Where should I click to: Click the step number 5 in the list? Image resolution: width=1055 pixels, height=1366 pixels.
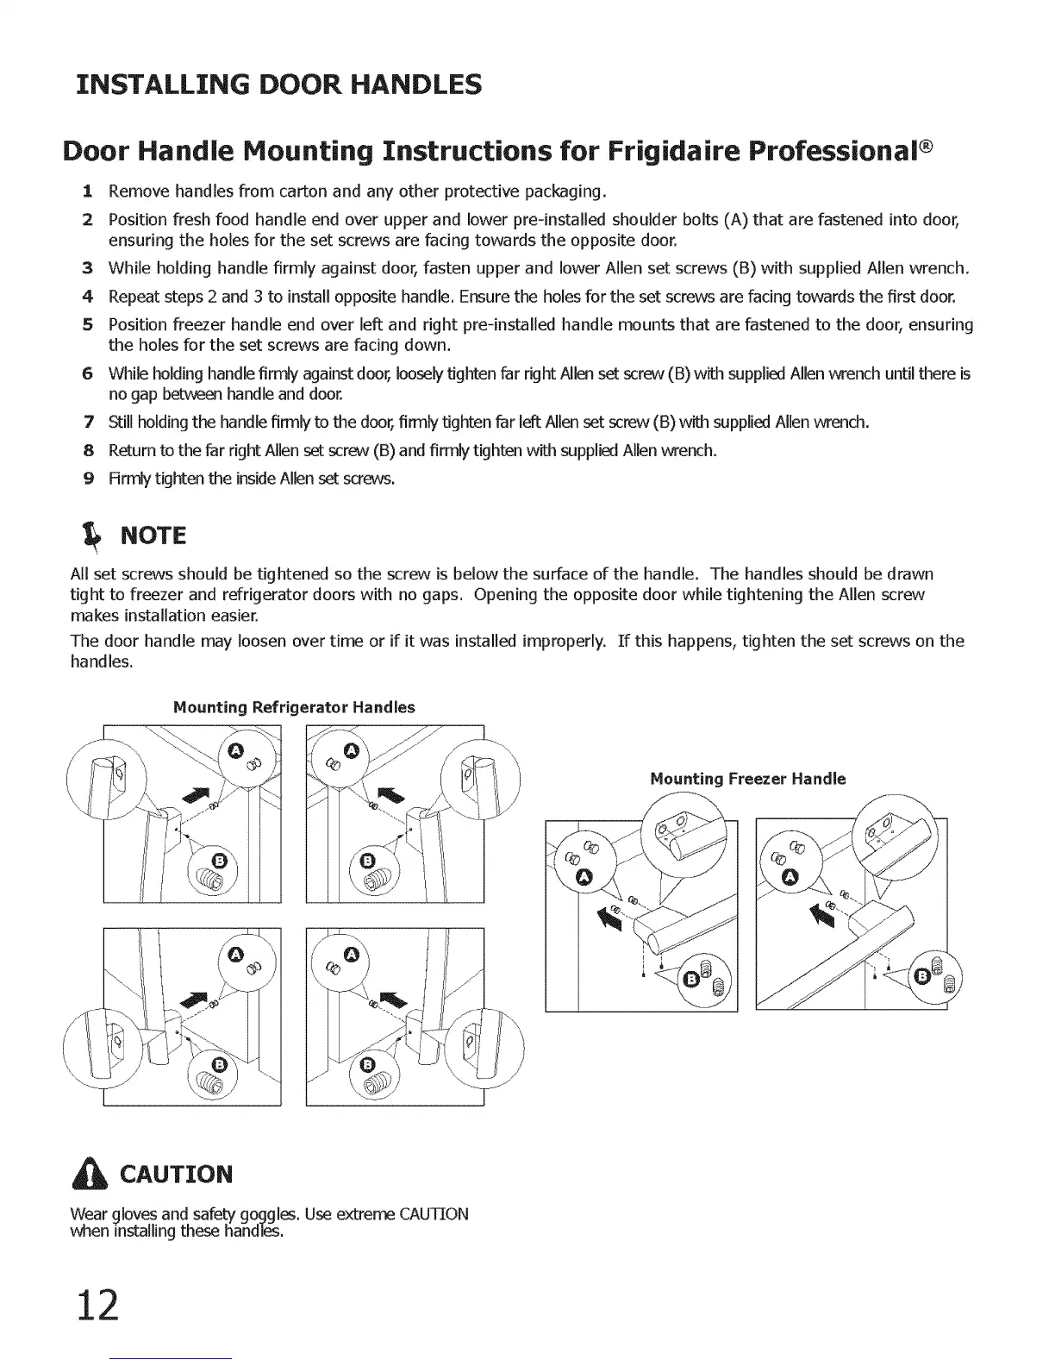click(x=88, y=325)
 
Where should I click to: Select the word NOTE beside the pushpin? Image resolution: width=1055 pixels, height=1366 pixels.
click(x=153, y=536)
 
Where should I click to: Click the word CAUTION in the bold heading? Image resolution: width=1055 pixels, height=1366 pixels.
click(x=177, y=1175)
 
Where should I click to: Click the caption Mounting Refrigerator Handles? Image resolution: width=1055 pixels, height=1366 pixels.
click(x=294, y=707)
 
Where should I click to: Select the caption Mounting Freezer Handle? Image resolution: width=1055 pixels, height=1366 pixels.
click(x=747, y=779)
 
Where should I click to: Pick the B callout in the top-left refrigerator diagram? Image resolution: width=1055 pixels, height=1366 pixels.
click(x=219, y=861)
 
